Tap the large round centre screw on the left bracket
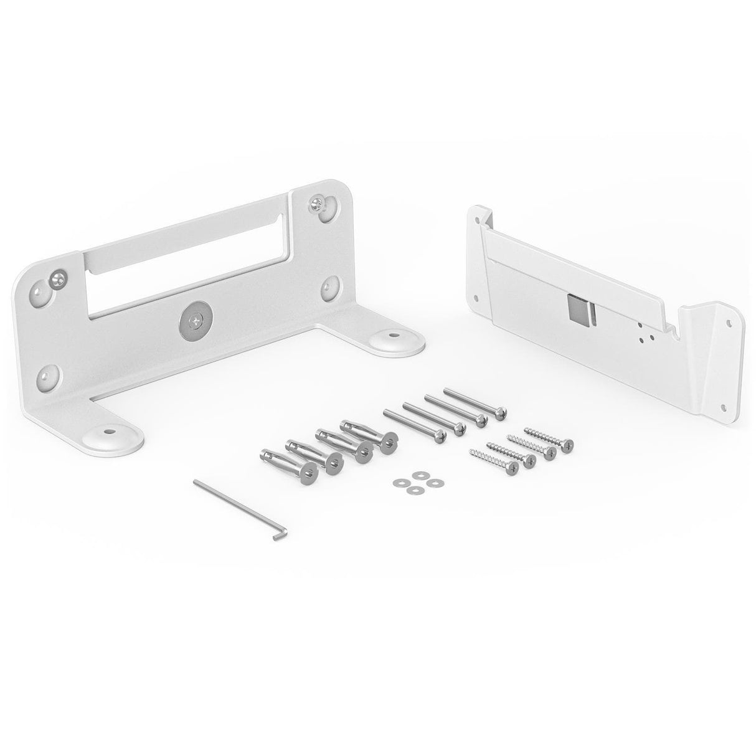(194, 322)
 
